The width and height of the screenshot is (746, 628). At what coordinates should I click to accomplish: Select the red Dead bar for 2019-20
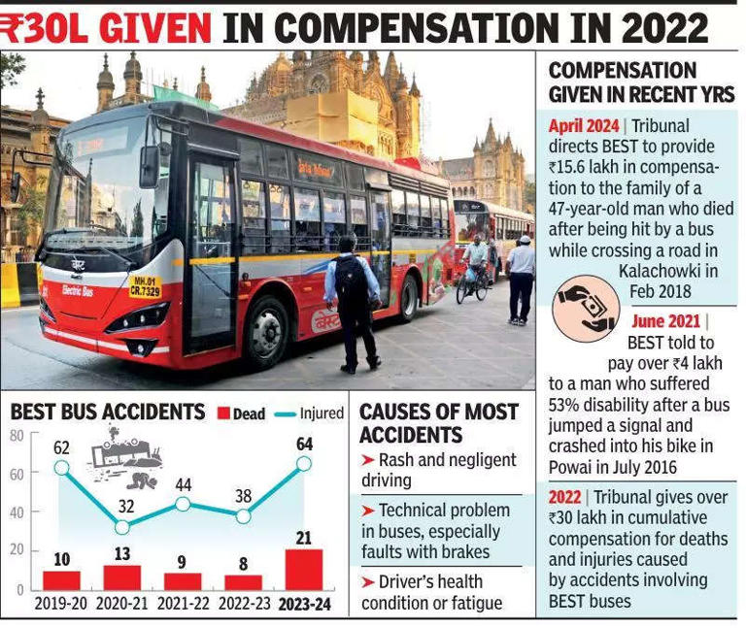pos(61,579)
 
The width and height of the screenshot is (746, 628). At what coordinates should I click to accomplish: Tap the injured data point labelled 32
pos(122,528)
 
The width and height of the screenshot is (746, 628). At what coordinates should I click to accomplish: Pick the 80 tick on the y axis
pos(17,436)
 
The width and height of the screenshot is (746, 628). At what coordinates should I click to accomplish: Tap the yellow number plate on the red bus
pos(145,286)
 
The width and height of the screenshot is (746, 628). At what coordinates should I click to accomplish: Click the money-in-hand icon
pos(585,309)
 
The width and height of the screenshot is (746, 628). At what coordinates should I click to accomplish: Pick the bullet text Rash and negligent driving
pos(437,469)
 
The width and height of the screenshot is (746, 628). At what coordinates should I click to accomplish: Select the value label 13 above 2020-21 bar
pos(122,554)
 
